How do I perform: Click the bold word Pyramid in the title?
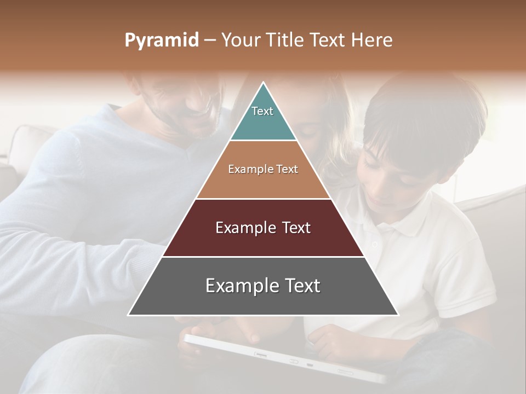161,40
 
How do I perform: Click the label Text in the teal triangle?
262,111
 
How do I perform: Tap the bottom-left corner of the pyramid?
129,315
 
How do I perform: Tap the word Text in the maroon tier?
293,228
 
